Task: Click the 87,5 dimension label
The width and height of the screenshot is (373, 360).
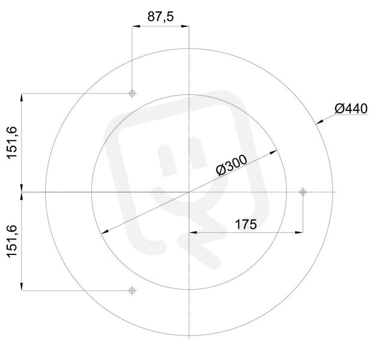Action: coord(160,17)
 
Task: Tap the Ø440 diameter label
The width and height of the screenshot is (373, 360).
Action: coord(351,109)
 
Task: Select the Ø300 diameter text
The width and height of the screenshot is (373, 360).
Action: coord(231,166)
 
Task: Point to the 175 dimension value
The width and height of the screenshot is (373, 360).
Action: coord(246,224)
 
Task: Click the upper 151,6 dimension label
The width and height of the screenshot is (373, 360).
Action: coord(12,143)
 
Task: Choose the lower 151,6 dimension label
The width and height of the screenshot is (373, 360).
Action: coord(12,241)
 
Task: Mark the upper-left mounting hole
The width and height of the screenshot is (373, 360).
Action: coord(132,94)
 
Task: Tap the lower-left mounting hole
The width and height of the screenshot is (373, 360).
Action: coord(132,290)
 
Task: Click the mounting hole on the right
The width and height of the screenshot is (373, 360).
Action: coord(303,192)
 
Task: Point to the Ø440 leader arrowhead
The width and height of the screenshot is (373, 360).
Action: coord(320,122)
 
